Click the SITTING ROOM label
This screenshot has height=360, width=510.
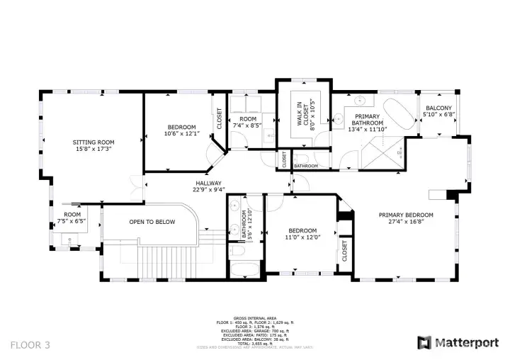[93, 142]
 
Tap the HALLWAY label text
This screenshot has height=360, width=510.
[209, 183]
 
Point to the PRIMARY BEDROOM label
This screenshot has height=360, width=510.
[406, 215]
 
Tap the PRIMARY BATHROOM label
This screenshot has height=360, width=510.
[367, 120]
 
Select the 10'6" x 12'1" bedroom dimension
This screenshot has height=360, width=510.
[182, 133]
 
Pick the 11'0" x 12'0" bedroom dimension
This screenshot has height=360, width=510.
[302, 237]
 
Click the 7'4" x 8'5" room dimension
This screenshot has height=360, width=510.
[246, 125]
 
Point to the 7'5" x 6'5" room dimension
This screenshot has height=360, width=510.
[72, 220]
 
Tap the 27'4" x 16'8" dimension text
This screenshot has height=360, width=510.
[406, 222]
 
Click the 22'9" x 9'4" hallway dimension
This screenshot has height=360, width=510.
[209, 189]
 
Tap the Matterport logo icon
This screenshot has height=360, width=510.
[424, 343]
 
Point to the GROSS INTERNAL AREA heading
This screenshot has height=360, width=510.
[254, 318]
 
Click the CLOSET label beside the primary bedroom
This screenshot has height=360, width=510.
[344, 250]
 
